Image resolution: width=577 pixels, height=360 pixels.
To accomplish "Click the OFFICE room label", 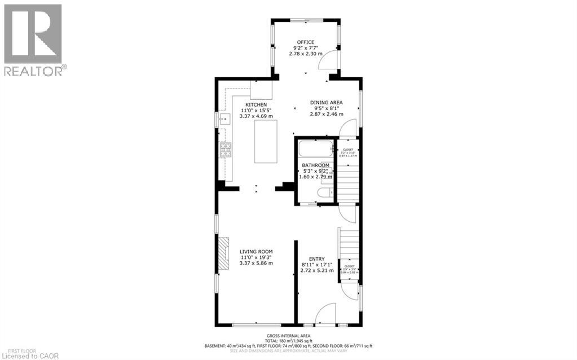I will [x=306, y=42].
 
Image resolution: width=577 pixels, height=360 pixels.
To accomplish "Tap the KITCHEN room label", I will [x=256, y=105].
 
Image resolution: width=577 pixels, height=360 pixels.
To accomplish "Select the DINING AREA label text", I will [x=326, y=102].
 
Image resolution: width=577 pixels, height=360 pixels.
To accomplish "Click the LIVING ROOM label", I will [x=256, y=252].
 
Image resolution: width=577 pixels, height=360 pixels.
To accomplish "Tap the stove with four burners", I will [x=226, y=150].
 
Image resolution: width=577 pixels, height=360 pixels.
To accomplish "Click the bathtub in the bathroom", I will [x=312, y=150].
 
